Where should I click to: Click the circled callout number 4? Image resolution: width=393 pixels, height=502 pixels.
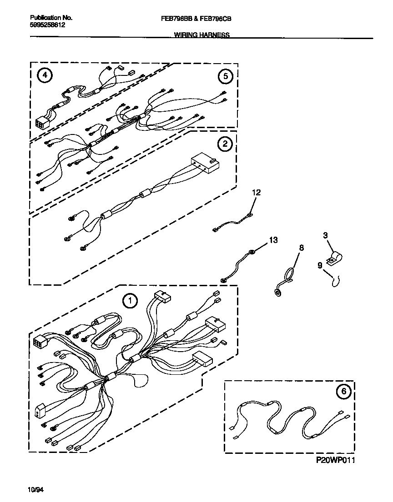point(44,76)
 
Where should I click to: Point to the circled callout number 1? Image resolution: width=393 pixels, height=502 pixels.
point(130,300)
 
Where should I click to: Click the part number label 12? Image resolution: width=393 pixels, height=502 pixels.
point(256,193)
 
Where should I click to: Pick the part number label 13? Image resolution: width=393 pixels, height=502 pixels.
point(272,239)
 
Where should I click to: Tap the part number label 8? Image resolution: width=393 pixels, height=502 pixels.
point(301,248)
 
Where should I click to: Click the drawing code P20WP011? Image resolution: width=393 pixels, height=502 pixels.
point(335,460)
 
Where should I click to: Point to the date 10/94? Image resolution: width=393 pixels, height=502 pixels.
point(36,490)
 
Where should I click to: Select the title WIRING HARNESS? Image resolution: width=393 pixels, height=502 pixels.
point(202,35)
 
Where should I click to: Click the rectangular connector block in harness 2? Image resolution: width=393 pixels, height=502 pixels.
point(205,164)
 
